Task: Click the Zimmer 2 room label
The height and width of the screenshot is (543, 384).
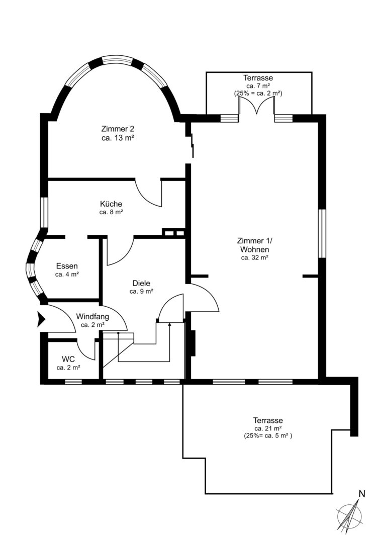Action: pyautogui.click(x=118, y=129)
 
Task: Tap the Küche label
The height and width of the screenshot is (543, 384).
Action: pyautogui.click(x=111, y=204)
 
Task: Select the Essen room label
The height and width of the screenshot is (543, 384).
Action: pyautogui.click(x=67, y=266)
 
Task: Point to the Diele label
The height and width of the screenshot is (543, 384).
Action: pyautogui.click(x=141, y=283)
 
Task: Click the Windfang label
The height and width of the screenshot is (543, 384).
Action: pyautogui.click(x=92, y=317)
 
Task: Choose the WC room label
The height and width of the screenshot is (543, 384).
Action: pyautogui.click(x=68, y=358)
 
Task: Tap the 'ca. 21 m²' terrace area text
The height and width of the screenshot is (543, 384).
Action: pyautogui.click(x=268, y=429)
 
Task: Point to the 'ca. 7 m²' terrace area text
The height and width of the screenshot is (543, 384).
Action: pyautogui.click(x=258, y=86)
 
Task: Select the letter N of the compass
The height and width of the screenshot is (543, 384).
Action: pyautogui.click(x=362, y=494)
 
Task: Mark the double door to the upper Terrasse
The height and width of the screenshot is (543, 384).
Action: pyautogui.click(x=256, y=105)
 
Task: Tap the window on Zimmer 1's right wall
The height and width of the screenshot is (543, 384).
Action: pyautogui.click(x=322, y=233)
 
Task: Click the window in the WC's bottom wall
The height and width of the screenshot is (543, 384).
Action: pyautogui.click(x=73, y=382)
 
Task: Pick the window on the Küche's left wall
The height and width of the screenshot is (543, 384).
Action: pyautogui.click(x=44, y=213)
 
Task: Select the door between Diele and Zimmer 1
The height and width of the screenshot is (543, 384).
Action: pyautogui.click(x=202, y=298)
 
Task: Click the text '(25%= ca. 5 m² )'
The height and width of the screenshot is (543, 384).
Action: pyautogui.click(x=268, y=436)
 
